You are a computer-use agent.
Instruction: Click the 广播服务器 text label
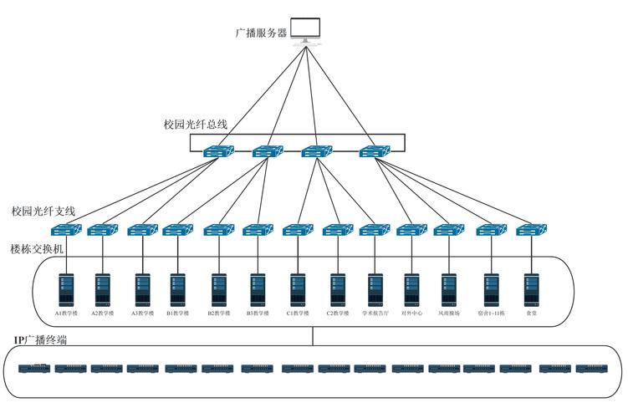(261, 33)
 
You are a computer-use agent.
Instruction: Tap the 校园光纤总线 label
(195, 125)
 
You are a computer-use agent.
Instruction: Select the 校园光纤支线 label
(43, 212)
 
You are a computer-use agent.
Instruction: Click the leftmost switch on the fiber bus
(218, 151)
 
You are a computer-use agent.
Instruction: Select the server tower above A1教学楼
(66, 288)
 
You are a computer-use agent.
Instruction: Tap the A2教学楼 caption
(102, 313)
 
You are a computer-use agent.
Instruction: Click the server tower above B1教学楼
(177, 288)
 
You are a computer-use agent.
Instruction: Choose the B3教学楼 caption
(257, 313)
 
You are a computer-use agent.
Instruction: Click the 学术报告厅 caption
(375, 313)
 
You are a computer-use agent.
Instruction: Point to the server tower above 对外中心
(411, 288)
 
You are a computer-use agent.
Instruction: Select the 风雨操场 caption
(449, 313)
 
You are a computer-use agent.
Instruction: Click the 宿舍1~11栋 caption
(491, 313)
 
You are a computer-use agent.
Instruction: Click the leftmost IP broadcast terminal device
(34, 368)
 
